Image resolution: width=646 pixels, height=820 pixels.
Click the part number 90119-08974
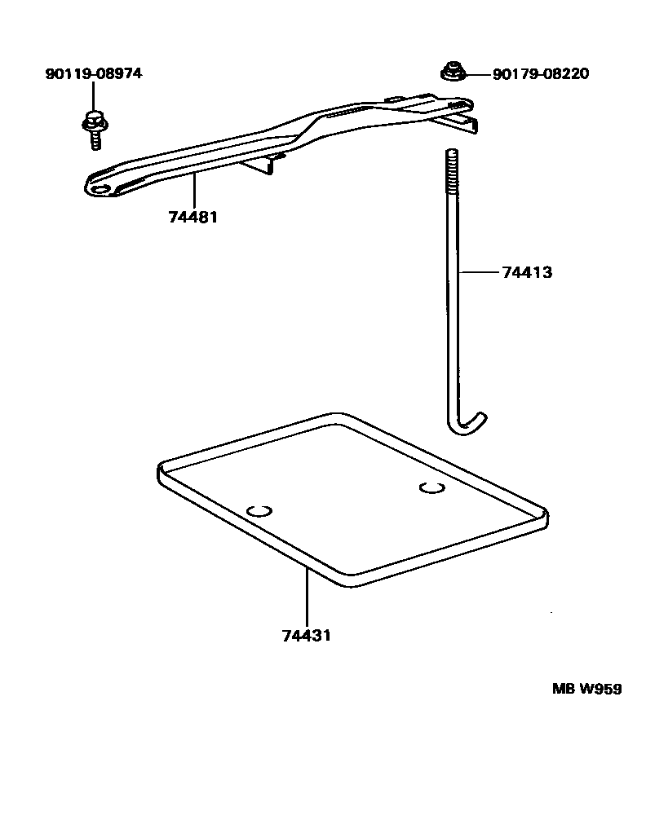(x=93, y=74)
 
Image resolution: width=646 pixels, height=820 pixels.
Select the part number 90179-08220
(x=540, y=74)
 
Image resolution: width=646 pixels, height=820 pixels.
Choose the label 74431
(x=306, y=636)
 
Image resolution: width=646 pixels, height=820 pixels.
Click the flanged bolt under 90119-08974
(x=93, y=127)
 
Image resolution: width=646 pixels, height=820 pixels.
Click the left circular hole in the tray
(x=259, y=511)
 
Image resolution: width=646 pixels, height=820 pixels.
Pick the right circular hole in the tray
(x=431, y=487)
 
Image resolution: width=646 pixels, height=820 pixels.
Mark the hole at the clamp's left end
(x=102, y=188)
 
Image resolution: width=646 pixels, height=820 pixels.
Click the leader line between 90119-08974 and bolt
(x=93, y=97)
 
